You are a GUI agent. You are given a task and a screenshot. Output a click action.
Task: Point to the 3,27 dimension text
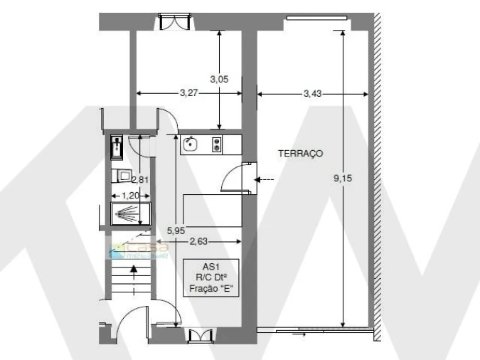tap(189, 92)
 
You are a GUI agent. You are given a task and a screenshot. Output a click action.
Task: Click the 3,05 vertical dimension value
tap(220, 79)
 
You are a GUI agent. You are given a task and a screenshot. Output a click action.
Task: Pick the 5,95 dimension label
tap(175, 230)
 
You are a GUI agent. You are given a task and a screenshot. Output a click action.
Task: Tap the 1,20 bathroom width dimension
tap(129, 194)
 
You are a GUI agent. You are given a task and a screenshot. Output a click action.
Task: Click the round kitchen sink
tap(190, 144)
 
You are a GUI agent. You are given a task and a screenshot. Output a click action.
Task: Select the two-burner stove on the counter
tap(216, 144)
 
